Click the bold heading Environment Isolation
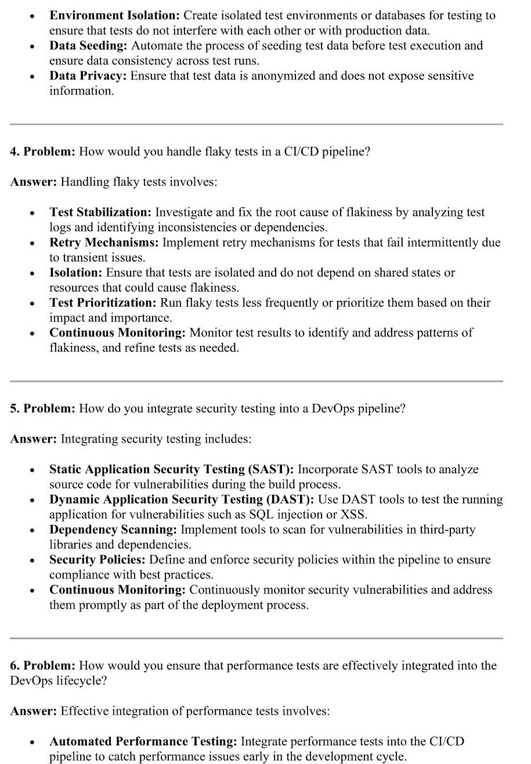(114, 16)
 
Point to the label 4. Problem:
(42, 152)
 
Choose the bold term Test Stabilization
(100, 212)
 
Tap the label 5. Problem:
(42, 408)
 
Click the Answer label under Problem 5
(33, 439)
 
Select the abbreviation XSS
(355, 515)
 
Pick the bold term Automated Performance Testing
(143, 741)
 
